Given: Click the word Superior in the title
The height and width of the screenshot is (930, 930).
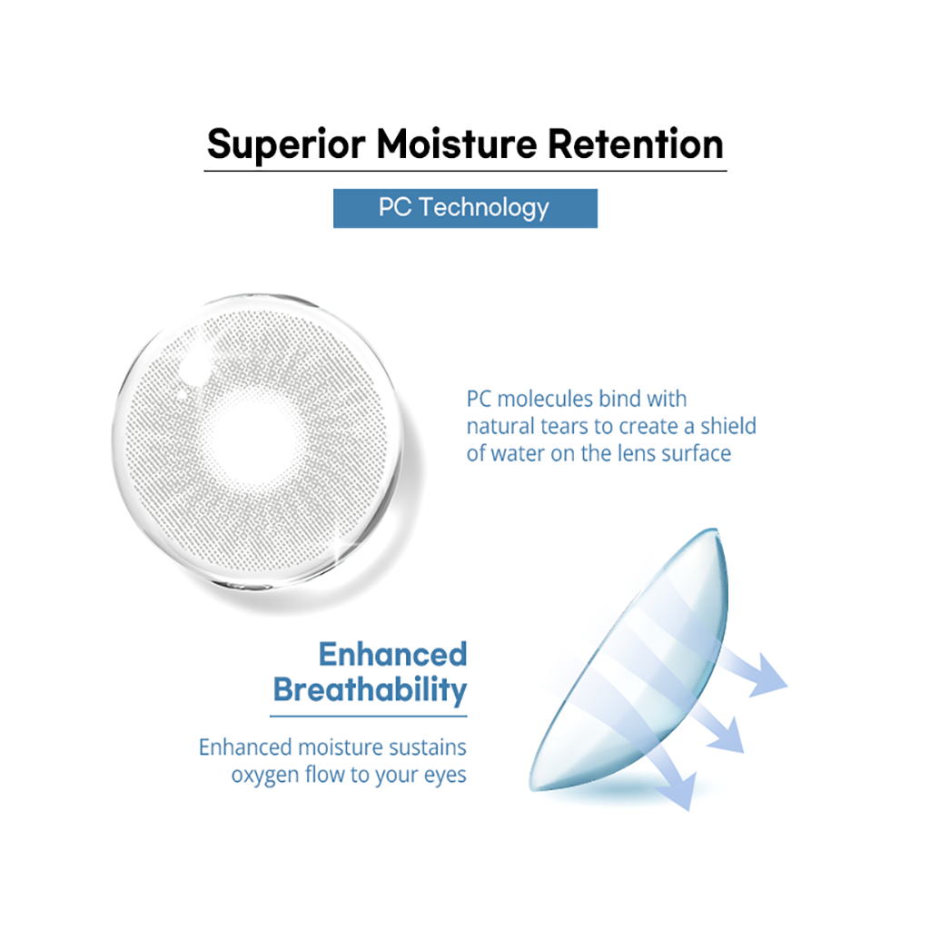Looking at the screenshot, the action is pyautogui.click(x=286, y=144).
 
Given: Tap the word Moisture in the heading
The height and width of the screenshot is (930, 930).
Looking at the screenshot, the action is pyautogui.click(x=457, y=144).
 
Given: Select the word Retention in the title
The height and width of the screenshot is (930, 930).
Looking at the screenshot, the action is pyautogui.click(x=635, y=144).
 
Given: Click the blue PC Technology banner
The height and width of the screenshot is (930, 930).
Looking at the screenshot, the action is pyautogui.click(x=465, y=208).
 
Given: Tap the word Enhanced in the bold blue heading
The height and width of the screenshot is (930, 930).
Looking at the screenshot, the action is pyautogui.click(x=392, y=655).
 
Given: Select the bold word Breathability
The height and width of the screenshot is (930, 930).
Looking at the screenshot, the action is pyautogui.click(x=371, y=690).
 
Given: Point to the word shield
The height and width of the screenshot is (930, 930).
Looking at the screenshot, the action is pyautogui.click(x=728, y=426).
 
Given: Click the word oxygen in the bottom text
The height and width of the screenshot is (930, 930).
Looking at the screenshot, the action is pyautogui.click(x=265, y=776).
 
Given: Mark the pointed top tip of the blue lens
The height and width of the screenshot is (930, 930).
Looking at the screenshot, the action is pyautogui.click(x=717, y=529).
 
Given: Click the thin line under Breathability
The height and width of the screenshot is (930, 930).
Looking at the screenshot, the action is pyautogui.click(x=369, y=717).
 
